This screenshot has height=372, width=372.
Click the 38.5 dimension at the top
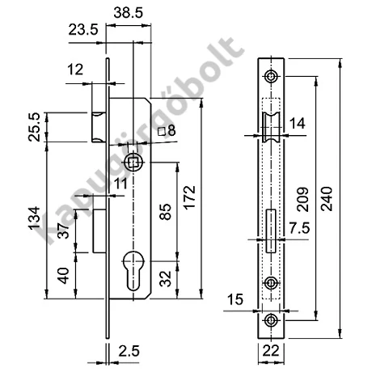coord(128,13)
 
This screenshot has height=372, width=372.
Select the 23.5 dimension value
coord(83,30)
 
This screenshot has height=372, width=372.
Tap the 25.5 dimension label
coord(35,127)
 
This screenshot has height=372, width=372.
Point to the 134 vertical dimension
coord(35,218)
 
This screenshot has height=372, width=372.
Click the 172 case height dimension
coord(189,197)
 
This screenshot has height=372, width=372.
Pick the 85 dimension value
coord(165,212)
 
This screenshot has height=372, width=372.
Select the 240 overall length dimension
coord(328,199)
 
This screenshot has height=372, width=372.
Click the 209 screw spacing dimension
coord(302,200)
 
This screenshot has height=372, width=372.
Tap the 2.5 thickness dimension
coord(129,351)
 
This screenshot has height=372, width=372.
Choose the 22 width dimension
coord(271,351)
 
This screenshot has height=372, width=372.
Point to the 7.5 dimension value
coord(299,228)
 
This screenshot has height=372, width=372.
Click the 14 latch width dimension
coord(298,124)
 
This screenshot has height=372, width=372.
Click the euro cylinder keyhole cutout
coord(133,270)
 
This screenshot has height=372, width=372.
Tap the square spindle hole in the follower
coord(133,163)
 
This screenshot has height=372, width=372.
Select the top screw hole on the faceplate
coord(271,77)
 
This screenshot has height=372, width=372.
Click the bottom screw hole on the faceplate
coord(271,320)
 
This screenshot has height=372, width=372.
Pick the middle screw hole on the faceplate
coord(271,283)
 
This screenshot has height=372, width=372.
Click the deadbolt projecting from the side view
coord(99,231)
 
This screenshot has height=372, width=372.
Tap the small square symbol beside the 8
coord(162,131)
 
